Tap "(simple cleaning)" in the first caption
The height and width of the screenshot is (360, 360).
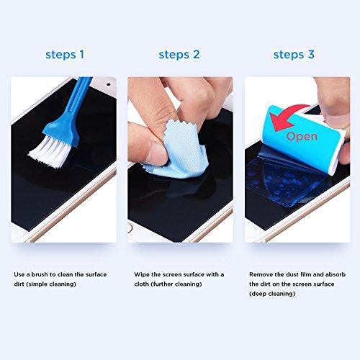click(49, 284)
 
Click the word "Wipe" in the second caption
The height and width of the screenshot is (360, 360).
click(142, 274)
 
